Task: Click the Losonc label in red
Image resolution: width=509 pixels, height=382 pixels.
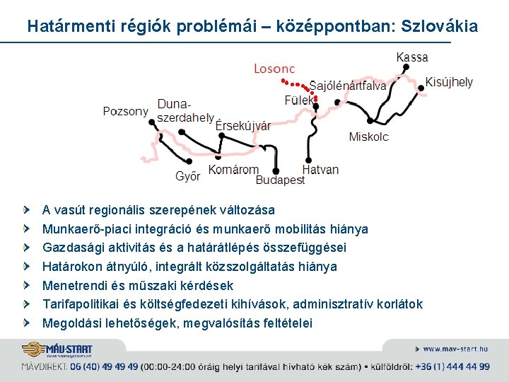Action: [x=274, y=69]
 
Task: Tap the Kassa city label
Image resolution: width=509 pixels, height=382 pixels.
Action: [x=412, y=57]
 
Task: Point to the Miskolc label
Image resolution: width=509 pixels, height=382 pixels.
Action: [x=368, y=137]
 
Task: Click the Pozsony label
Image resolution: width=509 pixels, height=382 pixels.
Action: [x=125, y=111]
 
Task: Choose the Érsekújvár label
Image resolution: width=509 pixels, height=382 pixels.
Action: [x=242, y=127]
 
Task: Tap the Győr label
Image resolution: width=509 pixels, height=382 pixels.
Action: [x=187, y=176]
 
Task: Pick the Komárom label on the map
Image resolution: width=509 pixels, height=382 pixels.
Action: [x=233, y=170]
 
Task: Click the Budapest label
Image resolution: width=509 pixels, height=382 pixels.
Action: [x=280, y=180]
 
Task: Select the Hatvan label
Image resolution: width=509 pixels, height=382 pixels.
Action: [x=320, y=170]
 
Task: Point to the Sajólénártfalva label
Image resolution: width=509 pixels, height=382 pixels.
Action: [x=348, y=86]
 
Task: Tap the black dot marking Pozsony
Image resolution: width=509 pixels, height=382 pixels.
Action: [x=152, y=121]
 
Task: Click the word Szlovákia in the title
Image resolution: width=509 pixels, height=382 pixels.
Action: [x=439, y=27]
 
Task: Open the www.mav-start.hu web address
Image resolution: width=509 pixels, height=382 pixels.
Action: [x=455, y=349]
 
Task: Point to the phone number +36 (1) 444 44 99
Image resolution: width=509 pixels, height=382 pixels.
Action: [x=452, y=366]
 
